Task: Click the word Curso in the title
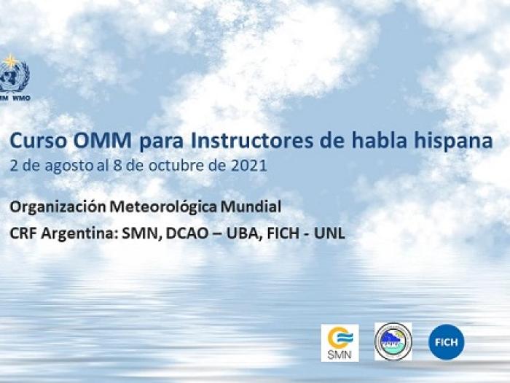(x=33, y=141)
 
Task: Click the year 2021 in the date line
(x=250, y=166)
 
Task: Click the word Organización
(x=58, y=207)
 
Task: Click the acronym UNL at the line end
(x=329, y=234)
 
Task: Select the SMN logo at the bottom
(x=340, y=342)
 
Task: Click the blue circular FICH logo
(x=446, y=341)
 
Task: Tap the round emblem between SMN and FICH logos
(x=393, y=341)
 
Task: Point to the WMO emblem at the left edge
(x=12, y=77)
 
